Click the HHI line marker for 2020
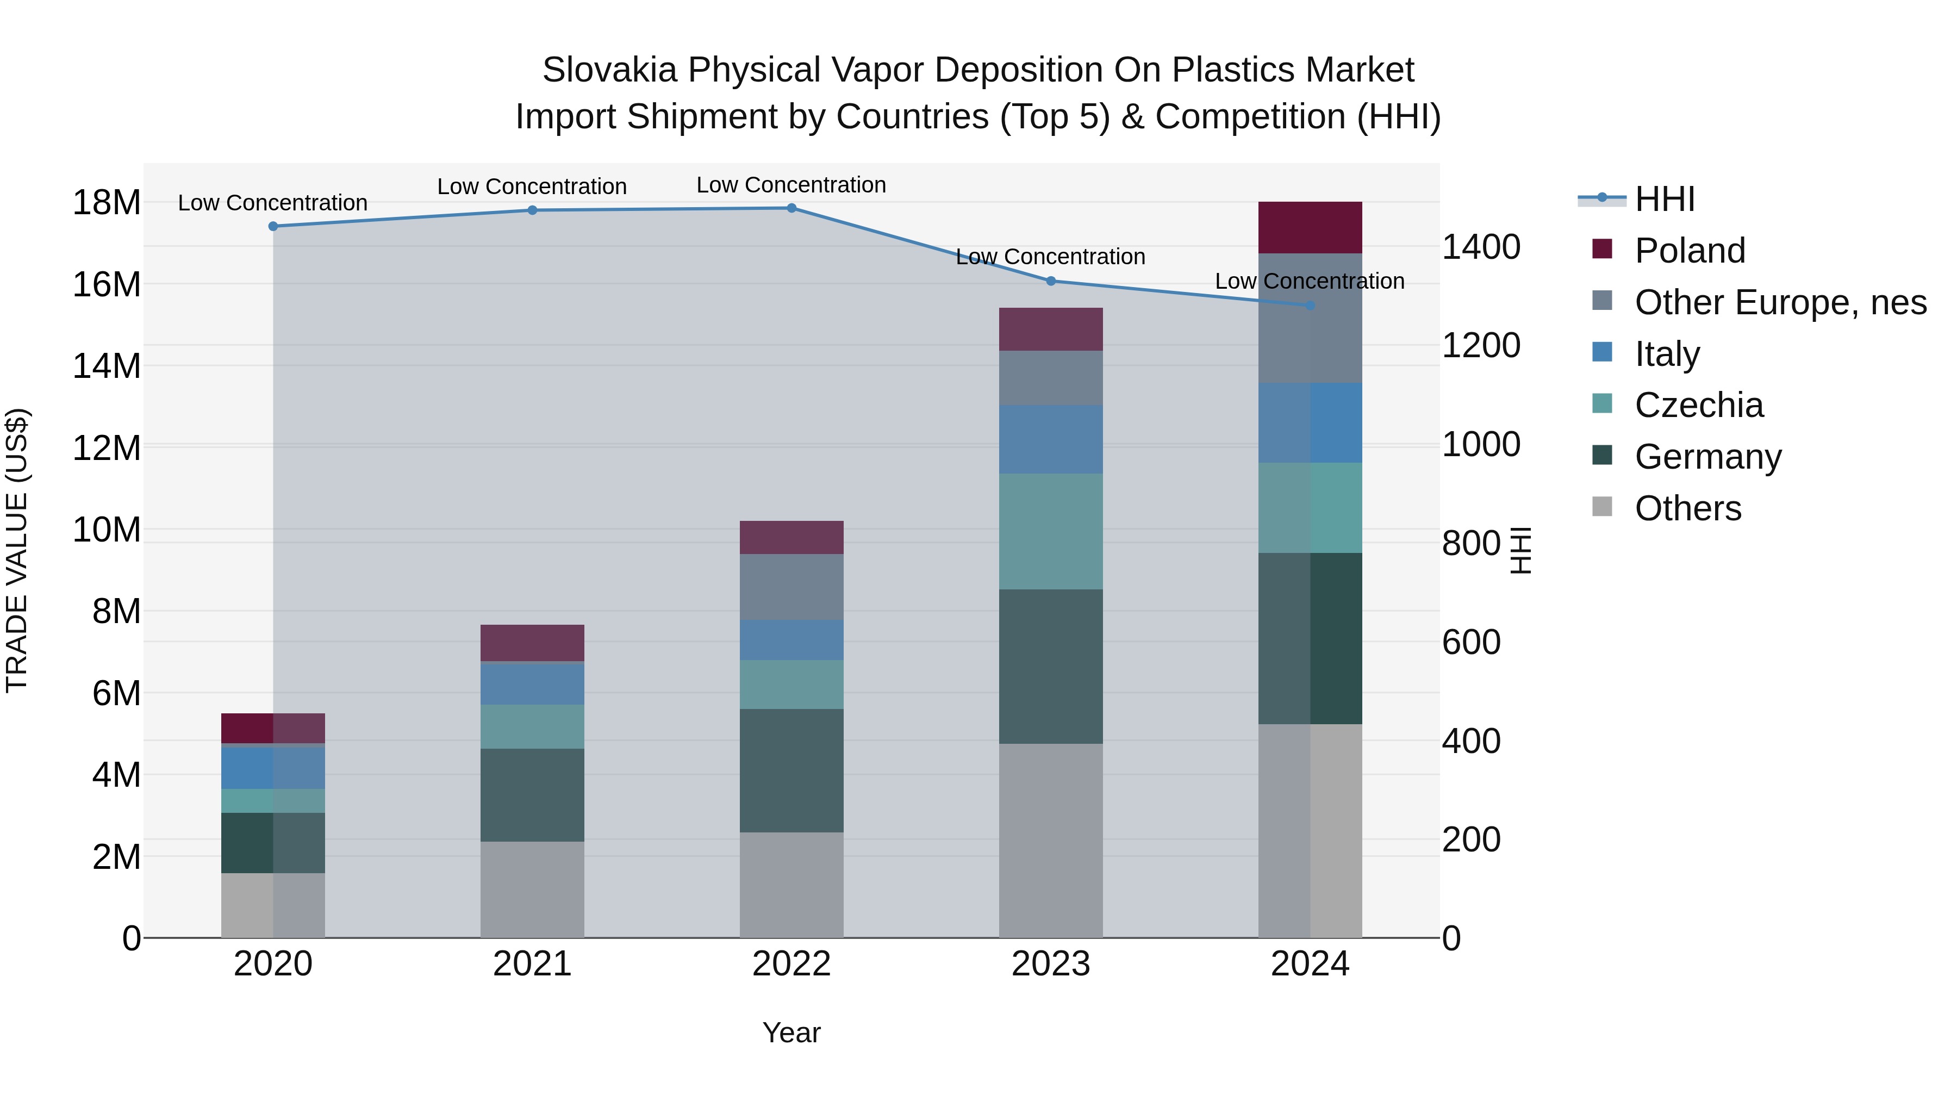[x=273, y=226]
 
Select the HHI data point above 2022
[x=791, y=208]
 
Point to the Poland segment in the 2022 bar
[x=791, y=537]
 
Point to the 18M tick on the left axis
[x=107, y=203]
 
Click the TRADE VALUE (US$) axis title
[x=17, y=550]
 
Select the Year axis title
[x=791, y=1032]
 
